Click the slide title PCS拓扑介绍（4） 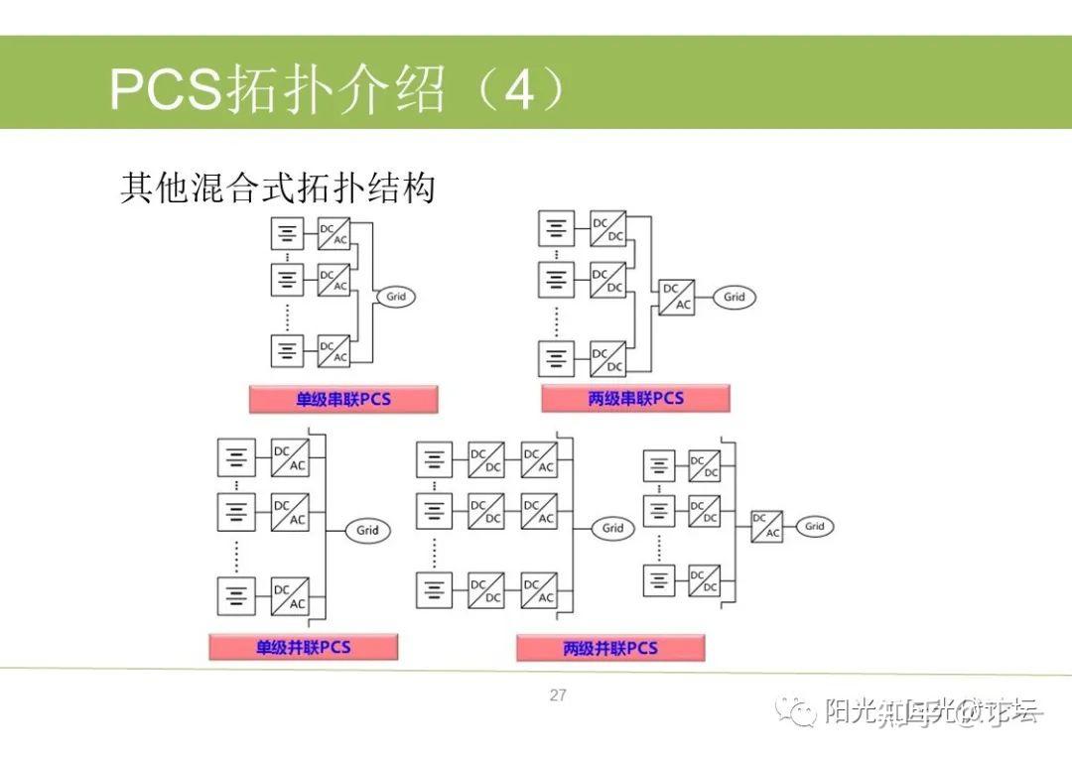tap(337, 90)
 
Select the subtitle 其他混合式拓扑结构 tap(278, 187)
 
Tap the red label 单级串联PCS tap(343, 400)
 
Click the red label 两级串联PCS tap(635, 399)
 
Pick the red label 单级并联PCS tap(303, 648)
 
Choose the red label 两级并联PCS tap(610, 649)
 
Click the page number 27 tap(558, 695)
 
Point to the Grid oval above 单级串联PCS tap(395, 297)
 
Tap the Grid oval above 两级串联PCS tap(735, 297)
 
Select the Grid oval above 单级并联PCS tap(367, 530)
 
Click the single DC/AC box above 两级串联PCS tap(677, 297)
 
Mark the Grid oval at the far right tap(814, 527)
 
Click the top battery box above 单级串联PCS tap(287, 234)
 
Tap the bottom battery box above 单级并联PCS tap(236, 595)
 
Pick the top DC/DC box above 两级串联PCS tap(607, 229)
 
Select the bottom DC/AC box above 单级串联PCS tap(334, 350)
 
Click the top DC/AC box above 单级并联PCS tap(290, 458)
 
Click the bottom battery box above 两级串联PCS tap(556, 358)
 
